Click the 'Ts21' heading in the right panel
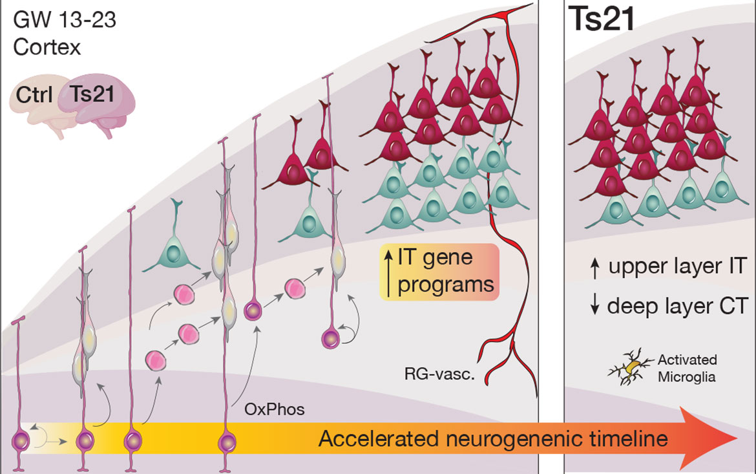point(602,22)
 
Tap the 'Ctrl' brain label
point(34,95)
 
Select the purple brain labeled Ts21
point(97,103)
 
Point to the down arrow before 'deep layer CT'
point(594,306)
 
